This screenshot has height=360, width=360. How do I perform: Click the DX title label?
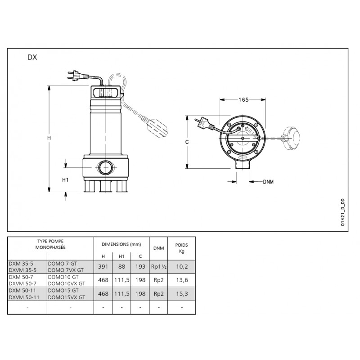(32, 57)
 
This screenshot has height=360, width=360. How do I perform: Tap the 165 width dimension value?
(243, 99)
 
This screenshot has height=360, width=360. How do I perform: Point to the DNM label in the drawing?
(268, 182)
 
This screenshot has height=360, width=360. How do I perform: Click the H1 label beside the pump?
(65, 180)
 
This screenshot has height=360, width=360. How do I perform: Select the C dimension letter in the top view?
(187, 142)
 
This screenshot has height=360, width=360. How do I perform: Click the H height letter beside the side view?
(49, 138)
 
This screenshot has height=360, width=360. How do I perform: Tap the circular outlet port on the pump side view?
(105, 167)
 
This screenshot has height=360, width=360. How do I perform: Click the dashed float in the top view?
(291, 138)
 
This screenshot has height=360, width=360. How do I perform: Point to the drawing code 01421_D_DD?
(342, 212)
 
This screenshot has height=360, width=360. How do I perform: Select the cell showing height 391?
(103, 266)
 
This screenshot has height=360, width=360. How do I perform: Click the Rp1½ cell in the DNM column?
(159, 266)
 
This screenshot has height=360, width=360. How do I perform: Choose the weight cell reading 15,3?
(182, 294)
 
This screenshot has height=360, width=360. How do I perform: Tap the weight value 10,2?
(182, 266)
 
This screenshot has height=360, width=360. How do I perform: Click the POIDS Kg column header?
(182, 248)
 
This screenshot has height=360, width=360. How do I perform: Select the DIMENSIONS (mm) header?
(121, 244)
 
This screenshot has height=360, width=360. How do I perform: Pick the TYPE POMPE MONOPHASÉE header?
(50, 244)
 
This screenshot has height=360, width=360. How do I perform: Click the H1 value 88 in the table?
(121, 266)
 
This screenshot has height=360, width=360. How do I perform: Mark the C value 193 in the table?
(140, 266)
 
